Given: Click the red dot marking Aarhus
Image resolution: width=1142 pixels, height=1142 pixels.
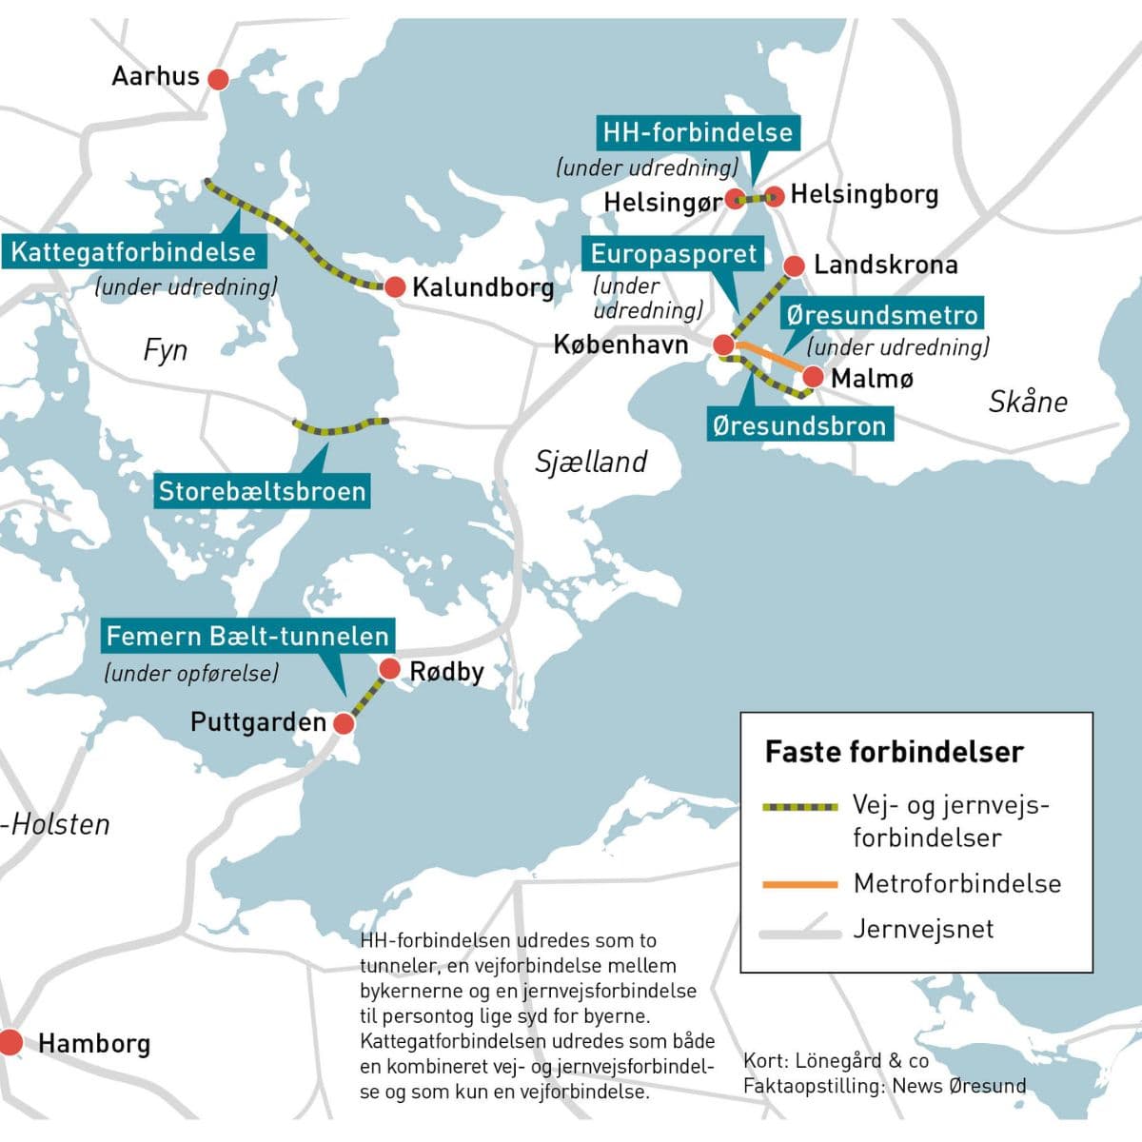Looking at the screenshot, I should pyautogui.click(x=218, y=79).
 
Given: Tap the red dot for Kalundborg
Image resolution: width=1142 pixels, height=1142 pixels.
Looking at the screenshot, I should pyautogui.click(x=395, y=286).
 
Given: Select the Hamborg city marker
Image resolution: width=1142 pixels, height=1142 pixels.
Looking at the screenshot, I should pyautogui.click(x=10, y=1042).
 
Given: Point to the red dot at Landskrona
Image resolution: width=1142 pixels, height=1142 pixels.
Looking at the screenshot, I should pyautogui.click(x=794, y=266).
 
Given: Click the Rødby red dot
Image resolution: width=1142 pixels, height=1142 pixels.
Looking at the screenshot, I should pyautogui.click(x=389, y=669).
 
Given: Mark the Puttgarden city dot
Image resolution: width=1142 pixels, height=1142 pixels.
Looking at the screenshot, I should pyautogui.click(x=344, y=723).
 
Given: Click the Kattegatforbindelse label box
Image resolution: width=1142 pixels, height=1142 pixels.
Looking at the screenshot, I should pyautogui.click(x=133, y=252).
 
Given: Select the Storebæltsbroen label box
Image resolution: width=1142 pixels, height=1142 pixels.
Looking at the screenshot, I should pyautogui.click(x=262, y=491).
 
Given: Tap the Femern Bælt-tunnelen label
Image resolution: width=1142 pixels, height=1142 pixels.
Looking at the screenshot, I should pyautogui.click(x=247, y=636).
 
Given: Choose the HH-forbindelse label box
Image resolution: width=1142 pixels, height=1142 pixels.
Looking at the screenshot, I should pyautogui.click(x=698, y=132).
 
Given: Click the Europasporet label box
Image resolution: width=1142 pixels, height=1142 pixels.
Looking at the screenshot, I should pyautogui.click(x=673, y=254).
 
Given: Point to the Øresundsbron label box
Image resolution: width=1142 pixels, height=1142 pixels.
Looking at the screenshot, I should pyautogui.click(x=799, y=425).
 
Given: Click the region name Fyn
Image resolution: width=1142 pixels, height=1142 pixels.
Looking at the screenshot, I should pyautogui.click(x=165, y=350).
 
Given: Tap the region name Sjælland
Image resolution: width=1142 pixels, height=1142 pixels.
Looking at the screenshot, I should pyautogui.click(x=590, y=462).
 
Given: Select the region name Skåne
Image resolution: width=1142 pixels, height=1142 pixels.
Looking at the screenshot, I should pyautogui.click(x=1028, y=402).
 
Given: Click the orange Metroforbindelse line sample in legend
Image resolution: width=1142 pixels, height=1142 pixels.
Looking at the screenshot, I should pyautogui.click(x=799, y=885).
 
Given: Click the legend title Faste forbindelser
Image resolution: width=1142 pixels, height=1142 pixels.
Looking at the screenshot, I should pyautogui.click(x=894, y=752).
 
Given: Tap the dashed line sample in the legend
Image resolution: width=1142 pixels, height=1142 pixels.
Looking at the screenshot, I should pyautogui.click(x=799, y=807).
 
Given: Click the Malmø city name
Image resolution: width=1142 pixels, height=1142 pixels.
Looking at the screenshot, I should pyautogui.click(x=872, y=379).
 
